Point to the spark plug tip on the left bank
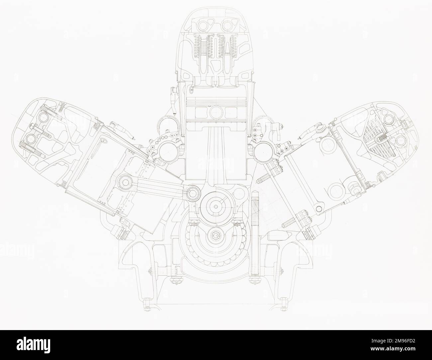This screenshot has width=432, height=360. click(x=133, y=137)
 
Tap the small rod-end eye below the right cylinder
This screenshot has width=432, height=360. click(x=319, y=208)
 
